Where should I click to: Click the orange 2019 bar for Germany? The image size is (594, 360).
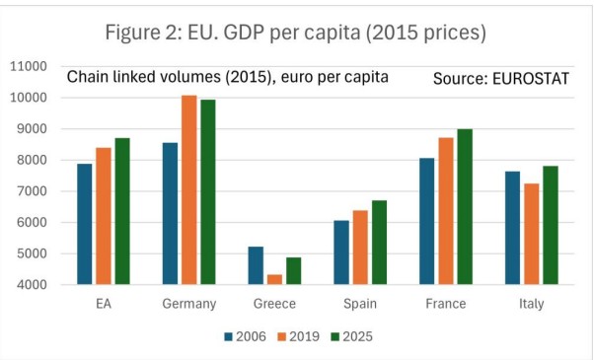[189, 189]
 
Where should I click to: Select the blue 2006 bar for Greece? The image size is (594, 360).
[256, 265]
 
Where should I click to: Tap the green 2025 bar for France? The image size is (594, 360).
[465, 207]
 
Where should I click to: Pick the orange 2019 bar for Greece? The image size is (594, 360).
[274, 279]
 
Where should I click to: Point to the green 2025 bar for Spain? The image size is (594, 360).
[379, 243]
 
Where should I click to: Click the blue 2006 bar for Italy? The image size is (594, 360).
[512, 228]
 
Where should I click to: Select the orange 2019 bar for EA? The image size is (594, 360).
[104, 216]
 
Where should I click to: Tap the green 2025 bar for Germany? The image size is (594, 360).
[208, 192]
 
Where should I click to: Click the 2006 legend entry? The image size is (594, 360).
[245, 336]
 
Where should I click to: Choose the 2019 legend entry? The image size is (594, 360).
[299, 336]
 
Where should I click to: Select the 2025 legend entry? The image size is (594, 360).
[351, 336]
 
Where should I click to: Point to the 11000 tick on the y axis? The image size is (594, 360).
[29, 67]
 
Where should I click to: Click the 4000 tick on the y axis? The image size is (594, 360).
[31, 285]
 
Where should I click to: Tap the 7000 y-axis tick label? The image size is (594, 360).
[31, 191]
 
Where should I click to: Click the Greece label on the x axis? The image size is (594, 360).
[274, 304]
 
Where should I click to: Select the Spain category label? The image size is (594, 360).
[360, 304]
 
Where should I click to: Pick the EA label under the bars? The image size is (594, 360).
[104, 304]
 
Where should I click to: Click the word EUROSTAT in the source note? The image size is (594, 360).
[531, 79]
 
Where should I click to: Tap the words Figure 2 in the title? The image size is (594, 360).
[143, 33]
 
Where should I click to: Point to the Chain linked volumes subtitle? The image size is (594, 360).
[227, 77]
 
